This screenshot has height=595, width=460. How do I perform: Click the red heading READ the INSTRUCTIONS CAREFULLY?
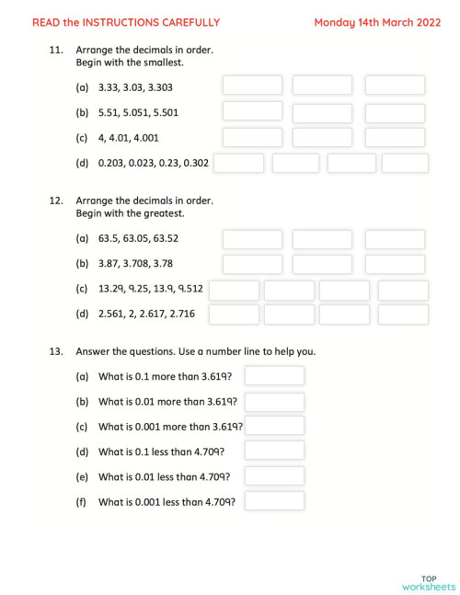(126, 22)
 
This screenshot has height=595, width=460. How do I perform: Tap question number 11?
(55, 51)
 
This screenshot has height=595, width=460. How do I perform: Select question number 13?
(55, 351)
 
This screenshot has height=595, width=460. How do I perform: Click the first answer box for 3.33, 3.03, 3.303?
(252, 86)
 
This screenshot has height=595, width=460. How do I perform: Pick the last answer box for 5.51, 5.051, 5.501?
(395, 112)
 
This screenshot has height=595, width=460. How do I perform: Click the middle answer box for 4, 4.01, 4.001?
(322, 138)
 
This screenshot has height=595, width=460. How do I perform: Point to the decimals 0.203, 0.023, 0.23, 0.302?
(154, 164)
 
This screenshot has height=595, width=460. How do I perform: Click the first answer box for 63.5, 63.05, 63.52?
(252, 239)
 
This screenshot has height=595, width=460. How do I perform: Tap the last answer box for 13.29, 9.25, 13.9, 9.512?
(403, 290)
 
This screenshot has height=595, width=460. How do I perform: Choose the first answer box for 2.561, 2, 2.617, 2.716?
(234, 315)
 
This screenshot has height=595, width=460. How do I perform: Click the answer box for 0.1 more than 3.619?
(274, 376)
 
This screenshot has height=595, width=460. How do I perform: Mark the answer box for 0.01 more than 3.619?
(274, 401)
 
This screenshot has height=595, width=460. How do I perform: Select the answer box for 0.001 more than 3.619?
(274, 426)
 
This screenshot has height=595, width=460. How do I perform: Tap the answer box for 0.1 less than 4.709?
(274, 452)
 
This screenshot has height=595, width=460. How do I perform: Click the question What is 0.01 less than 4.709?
(164, 476)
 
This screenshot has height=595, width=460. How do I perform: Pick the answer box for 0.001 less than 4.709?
(274, 501)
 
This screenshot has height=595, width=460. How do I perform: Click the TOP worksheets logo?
(429, 583)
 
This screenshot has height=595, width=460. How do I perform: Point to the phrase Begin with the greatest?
(131, 213)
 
